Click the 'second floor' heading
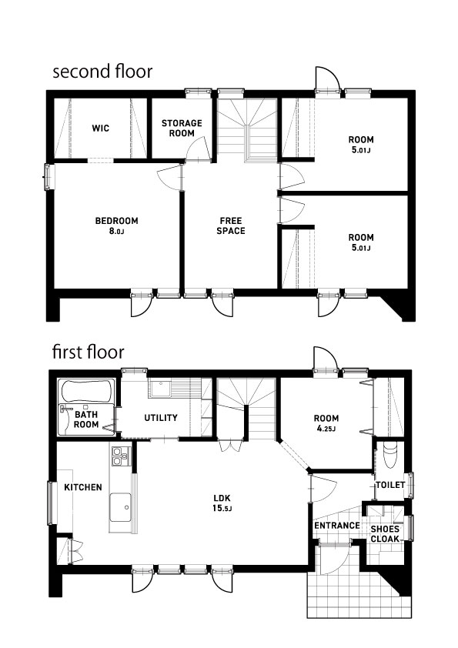[x=102, y=72]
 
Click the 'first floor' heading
[x=88, y=352]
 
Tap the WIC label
[x=100, y=128]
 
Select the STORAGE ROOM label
[x=182, y=128]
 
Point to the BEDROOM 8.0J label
[x=116, y=225]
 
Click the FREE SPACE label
[x=231, y=225]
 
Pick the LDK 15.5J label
[x=222, y=503]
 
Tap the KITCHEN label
[x=83, y=487]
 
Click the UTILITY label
[x=161, y=418]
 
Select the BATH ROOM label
[x=86, y=419]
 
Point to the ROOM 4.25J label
[x=326, y=423]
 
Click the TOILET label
[x=390, y=484]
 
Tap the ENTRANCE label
[x=337, y=526]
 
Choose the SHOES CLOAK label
[x=385, y=534]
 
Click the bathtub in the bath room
[x=86, y=392]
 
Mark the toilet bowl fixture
[x=390, y=455]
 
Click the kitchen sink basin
[x=120, y=507]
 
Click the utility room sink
[x=159, y=389]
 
